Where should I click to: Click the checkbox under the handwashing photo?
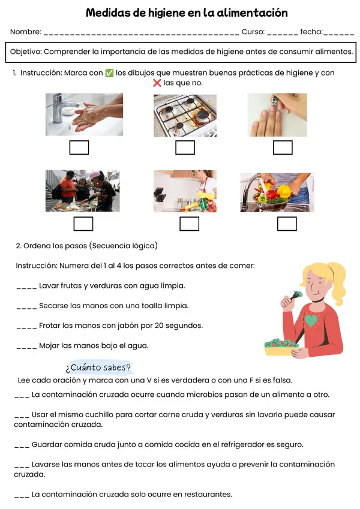coord(79,147)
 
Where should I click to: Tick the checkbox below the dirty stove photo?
coord(185,147)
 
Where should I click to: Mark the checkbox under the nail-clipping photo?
coord(283,147)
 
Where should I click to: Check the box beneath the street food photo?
coord(83,224)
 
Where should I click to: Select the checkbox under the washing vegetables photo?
coord(287,224)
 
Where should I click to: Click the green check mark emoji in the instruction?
coord(109,73)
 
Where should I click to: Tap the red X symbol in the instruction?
coord(157,83)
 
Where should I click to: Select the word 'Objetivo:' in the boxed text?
coord(26,52)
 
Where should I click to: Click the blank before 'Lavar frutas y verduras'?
coord(26,288)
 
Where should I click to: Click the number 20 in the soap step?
coord(159,326)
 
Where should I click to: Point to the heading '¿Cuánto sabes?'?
coord(98,368)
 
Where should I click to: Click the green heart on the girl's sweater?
coord(311,320)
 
